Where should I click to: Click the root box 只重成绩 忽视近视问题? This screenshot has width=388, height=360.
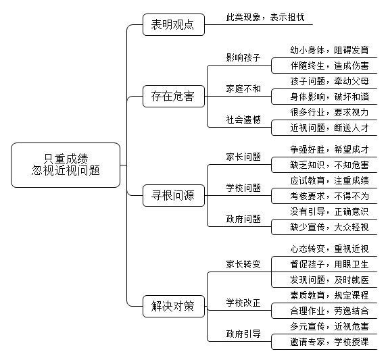coord(66,165)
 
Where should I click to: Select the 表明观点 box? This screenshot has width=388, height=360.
coord(174,25)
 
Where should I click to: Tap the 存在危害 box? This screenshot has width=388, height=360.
coord(174,96)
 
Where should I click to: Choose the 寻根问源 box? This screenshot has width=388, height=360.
coord(174,195)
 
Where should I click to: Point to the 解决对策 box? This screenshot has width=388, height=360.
coord(174,306)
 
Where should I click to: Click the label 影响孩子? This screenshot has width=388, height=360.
coord(243,57)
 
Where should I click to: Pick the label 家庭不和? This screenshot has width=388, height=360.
coord(243,88)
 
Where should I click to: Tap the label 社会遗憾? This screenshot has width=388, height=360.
coord(243,120)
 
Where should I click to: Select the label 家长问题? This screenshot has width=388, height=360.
coord(243,157)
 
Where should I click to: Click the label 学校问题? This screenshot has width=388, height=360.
coord(243,188)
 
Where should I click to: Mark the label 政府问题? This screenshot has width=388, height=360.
coord(243,219)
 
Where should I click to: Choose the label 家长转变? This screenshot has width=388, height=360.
coord(243,264)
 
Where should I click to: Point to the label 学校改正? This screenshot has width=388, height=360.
coord(243,303)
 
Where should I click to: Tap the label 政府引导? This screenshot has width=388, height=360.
coord(243,334)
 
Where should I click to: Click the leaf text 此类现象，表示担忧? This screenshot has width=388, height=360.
coord(265,17)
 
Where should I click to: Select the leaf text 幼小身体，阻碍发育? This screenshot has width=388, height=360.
coord(329,50)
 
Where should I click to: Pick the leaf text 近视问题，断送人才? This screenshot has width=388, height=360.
coord(329,128)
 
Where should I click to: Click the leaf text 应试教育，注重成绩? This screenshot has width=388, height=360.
coord(329,180)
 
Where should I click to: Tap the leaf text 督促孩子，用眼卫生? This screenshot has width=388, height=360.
coord(329,264)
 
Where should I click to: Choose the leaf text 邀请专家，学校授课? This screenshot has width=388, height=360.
coord(329,342)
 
